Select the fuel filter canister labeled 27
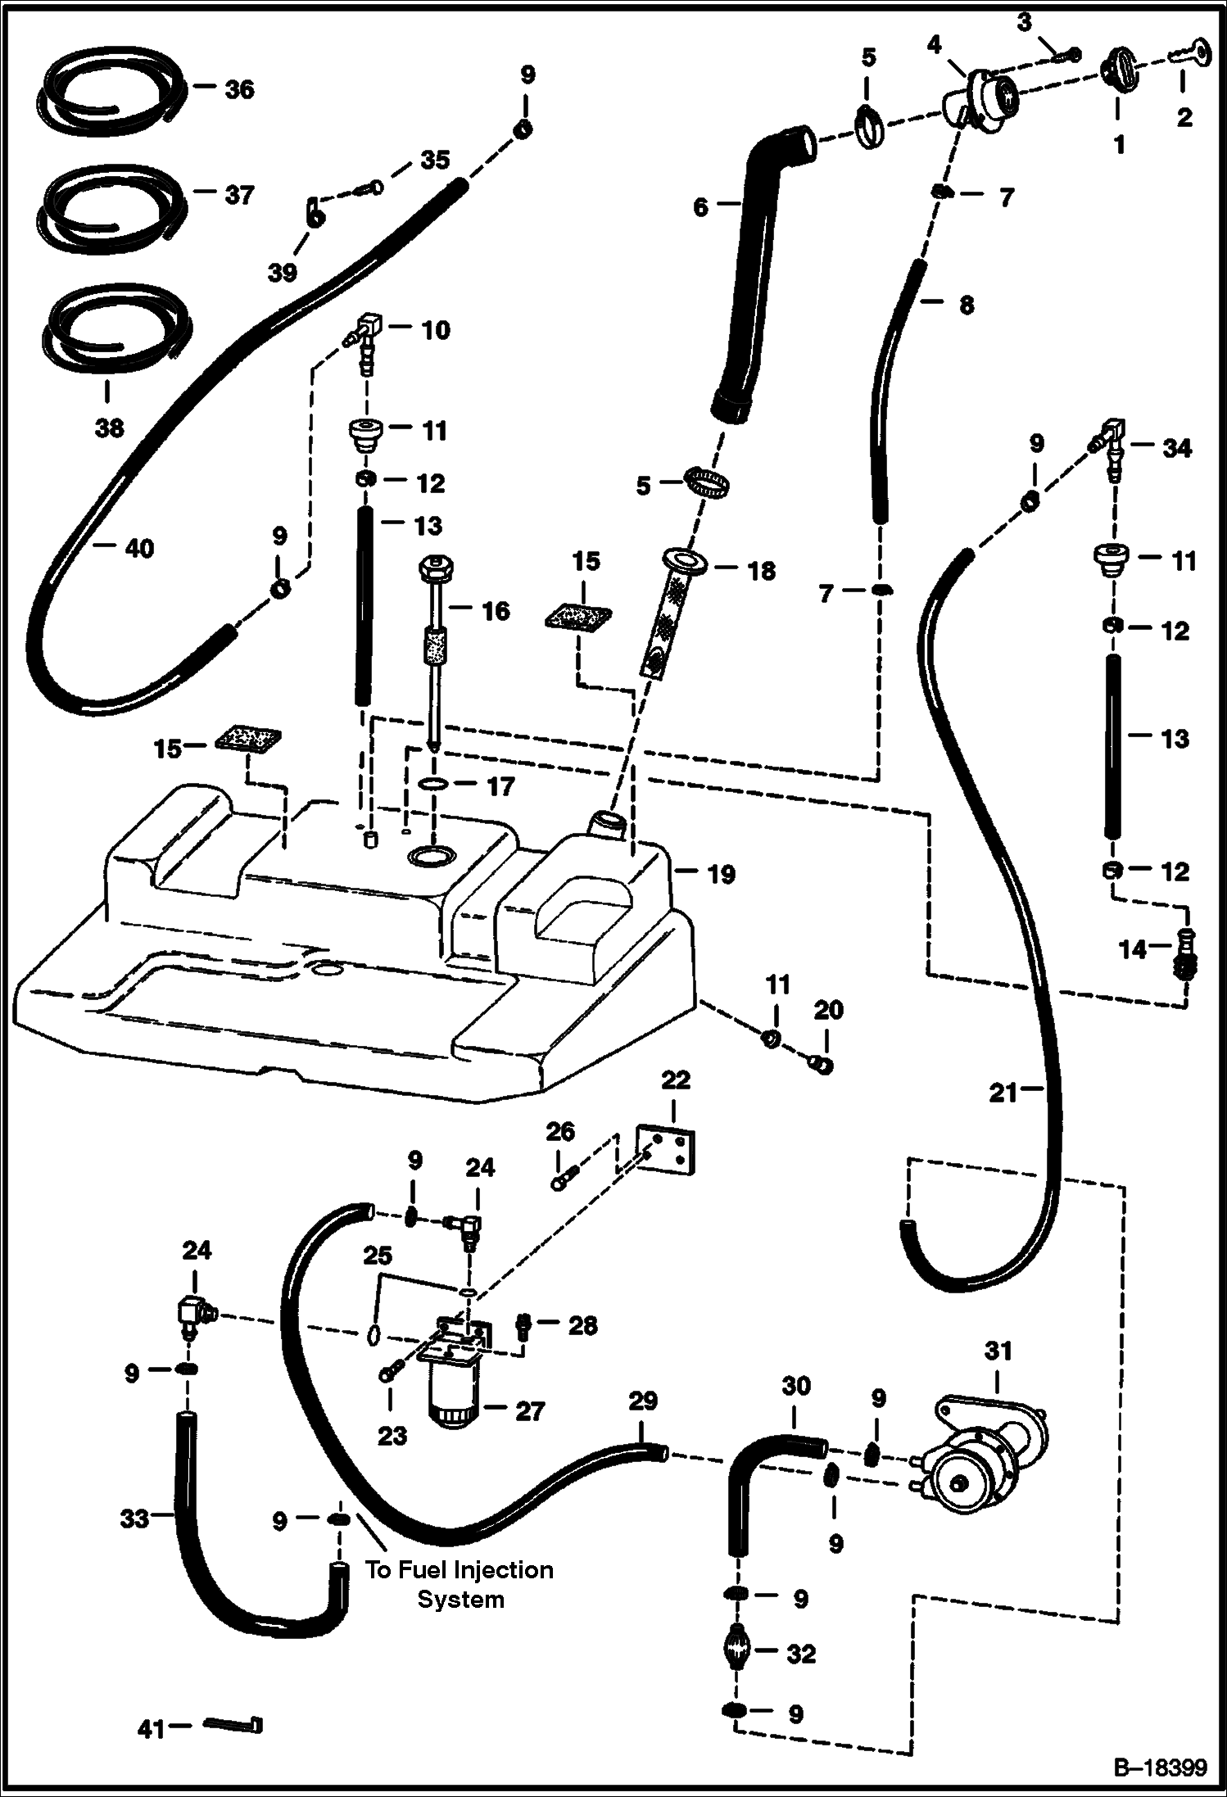click(x=451, y=1396)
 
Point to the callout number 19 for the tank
click(x=721, y=874)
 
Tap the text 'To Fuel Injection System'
click(x=460, y=1584)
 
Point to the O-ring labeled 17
click(x=435, y=785)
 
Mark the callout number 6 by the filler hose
click(x=700, y=208)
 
